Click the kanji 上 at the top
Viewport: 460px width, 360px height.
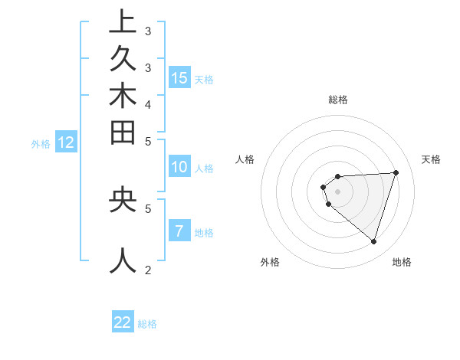(x=123, y=23)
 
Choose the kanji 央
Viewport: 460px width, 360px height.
(x=123, y=200)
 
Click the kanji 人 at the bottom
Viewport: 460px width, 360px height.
(x=123, y=260)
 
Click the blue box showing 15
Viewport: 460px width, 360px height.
(x=179, y=77)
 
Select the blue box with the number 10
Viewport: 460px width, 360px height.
(x=179, y=167)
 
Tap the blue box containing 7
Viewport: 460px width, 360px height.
(x=179, y=231)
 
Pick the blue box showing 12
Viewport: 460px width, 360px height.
(x=66, y=142)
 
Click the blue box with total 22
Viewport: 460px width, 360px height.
(x=123, y=322)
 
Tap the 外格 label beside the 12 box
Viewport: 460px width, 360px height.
(x=41, y=143)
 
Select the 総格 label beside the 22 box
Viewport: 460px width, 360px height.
(x=147, y=324)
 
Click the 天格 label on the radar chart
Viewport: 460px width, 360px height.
(x=431, y=159)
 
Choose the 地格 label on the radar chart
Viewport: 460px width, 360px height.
(x=402, y=262)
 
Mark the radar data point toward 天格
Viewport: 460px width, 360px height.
(x=396, y=172)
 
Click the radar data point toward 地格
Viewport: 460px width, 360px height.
(x=373, y=242)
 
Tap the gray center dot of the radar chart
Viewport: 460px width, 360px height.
(x=337, y=191)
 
